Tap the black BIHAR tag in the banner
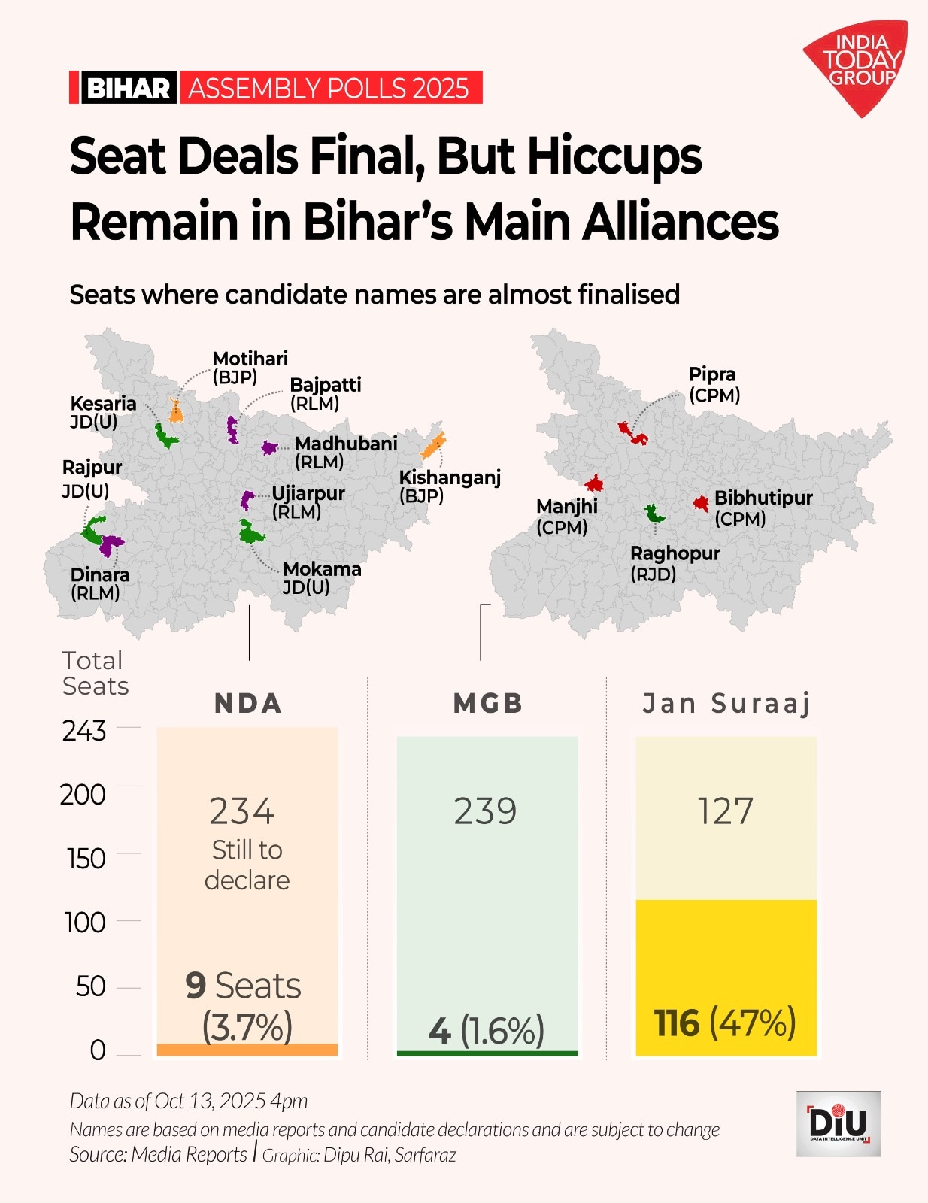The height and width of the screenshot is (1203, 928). pyautogui.click(x=128, y=88)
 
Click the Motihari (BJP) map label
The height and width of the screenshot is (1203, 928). pyautogui.click(x=250, y=368)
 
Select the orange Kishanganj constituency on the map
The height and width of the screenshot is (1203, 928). pyautogui.click(x=433, y=446)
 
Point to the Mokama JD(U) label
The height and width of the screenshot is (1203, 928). pyautogui.click(x=321, y=577)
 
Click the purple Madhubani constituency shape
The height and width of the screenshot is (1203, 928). pyautogui.click(x=268, y=447)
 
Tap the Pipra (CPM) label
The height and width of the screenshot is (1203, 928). pyautogui.click(x=714, y=384)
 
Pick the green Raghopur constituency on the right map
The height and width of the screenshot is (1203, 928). pyautogui.click(x=654, y=514)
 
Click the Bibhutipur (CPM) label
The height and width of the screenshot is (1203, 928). pyautogui.click(x=763, y=508)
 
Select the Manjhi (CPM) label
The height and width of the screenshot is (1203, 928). pyautogui.click(x=566, y=517)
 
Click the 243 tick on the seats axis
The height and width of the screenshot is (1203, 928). pyautogui.click(x=84, y=731)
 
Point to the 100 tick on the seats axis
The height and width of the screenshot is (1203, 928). pyautogui.click(x=84, y=923)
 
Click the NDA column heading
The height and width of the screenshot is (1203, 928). pyautogui.click(x=247, y=704)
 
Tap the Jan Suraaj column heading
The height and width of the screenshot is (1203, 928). pyautogui.click(x=726, y=704)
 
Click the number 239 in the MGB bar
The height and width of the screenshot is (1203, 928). pyautogui.click(x=486, y=811)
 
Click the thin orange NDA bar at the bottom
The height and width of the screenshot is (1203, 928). pyautogui.click(x=247, y=1050)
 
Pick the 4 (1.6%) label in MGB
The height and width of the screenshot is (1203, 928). pyautogui.click(x=486, y=1030)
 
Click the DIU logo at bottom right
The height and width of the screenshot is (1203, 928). pyautogui.click(x=838, y=1123)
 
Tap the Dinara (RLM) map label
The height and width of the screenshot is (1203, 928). pyautogui.click(x=99, y=583)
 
